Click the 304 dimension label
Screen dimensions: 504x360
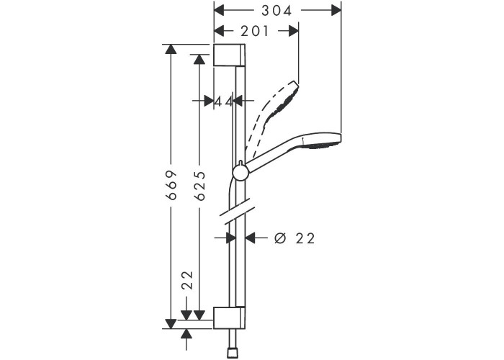(276, 11)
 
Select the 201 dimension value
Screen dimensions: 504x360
(255, 31)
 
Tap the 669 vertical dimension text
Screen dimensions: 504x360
(171, 186)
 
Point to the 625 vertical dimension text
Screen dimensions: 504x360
(200, 186)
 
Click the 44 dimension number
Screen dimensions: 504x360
(223, 102)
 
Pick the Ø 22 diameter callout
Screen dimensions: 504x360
(294, 238)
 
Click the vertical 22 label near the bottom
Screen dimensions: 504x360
(187, 280)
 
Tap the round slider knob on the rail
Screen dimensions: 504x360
(240, 173)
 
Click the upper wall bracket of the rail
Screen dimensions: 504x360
(230, 55)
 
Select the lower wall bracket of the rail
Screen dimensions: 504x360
(230, 318)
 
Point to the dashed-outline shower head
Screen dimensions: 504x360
(273, 119)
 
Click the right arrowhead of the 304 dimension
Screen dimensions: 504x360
(336, 11)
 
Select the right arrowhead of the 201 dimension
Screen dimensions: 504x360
(294, 31)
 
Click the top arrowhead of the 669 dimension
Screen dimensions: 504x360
(171, 49)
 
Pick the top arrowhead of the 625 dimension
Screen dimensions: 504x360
(199, 60)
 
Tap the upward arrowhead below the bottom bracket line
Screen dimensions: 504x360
(186, 334)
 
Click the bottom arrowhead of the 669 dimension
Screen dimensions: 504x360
(171, 324)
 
